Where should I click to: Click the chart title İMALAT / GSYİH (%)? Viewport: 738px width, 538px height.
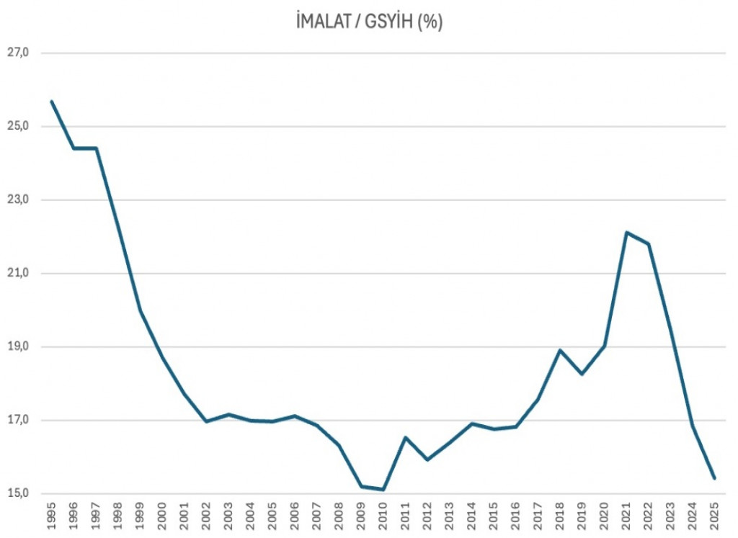(369, 22)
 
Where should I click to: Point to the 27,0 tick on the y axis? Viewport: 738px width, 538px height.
(17, 53)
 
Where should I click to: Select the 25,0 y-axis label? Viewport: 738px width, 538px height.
(17, 126)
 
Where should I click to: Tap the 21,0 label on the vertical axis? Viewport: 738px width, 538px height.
(17, 273)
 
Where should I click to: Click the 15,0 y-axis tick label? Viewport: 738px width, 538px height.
(17, 494)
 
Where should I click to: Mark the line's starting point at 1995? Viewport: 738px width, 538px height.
(51, 102)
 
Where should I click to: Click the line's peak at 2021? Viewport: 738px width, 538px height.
(626, 232)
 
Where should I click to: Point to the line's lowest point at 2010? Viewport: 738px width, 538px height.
(383, 490)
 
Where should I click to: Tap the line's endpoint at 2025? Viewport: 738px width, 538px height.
(714, 478)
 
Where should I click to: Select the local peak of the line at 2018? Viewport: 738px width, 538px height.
(560, 350)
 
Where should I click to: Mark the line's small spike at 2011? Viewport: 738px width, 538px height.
(405, 437)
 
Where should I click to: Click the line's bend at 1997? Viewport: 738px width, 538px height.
(96, 148)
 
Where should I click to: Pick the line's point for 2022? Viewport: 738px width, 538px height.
(649, 243)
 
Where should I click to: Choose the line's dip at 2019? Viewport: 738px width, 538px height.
(582, 374)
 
